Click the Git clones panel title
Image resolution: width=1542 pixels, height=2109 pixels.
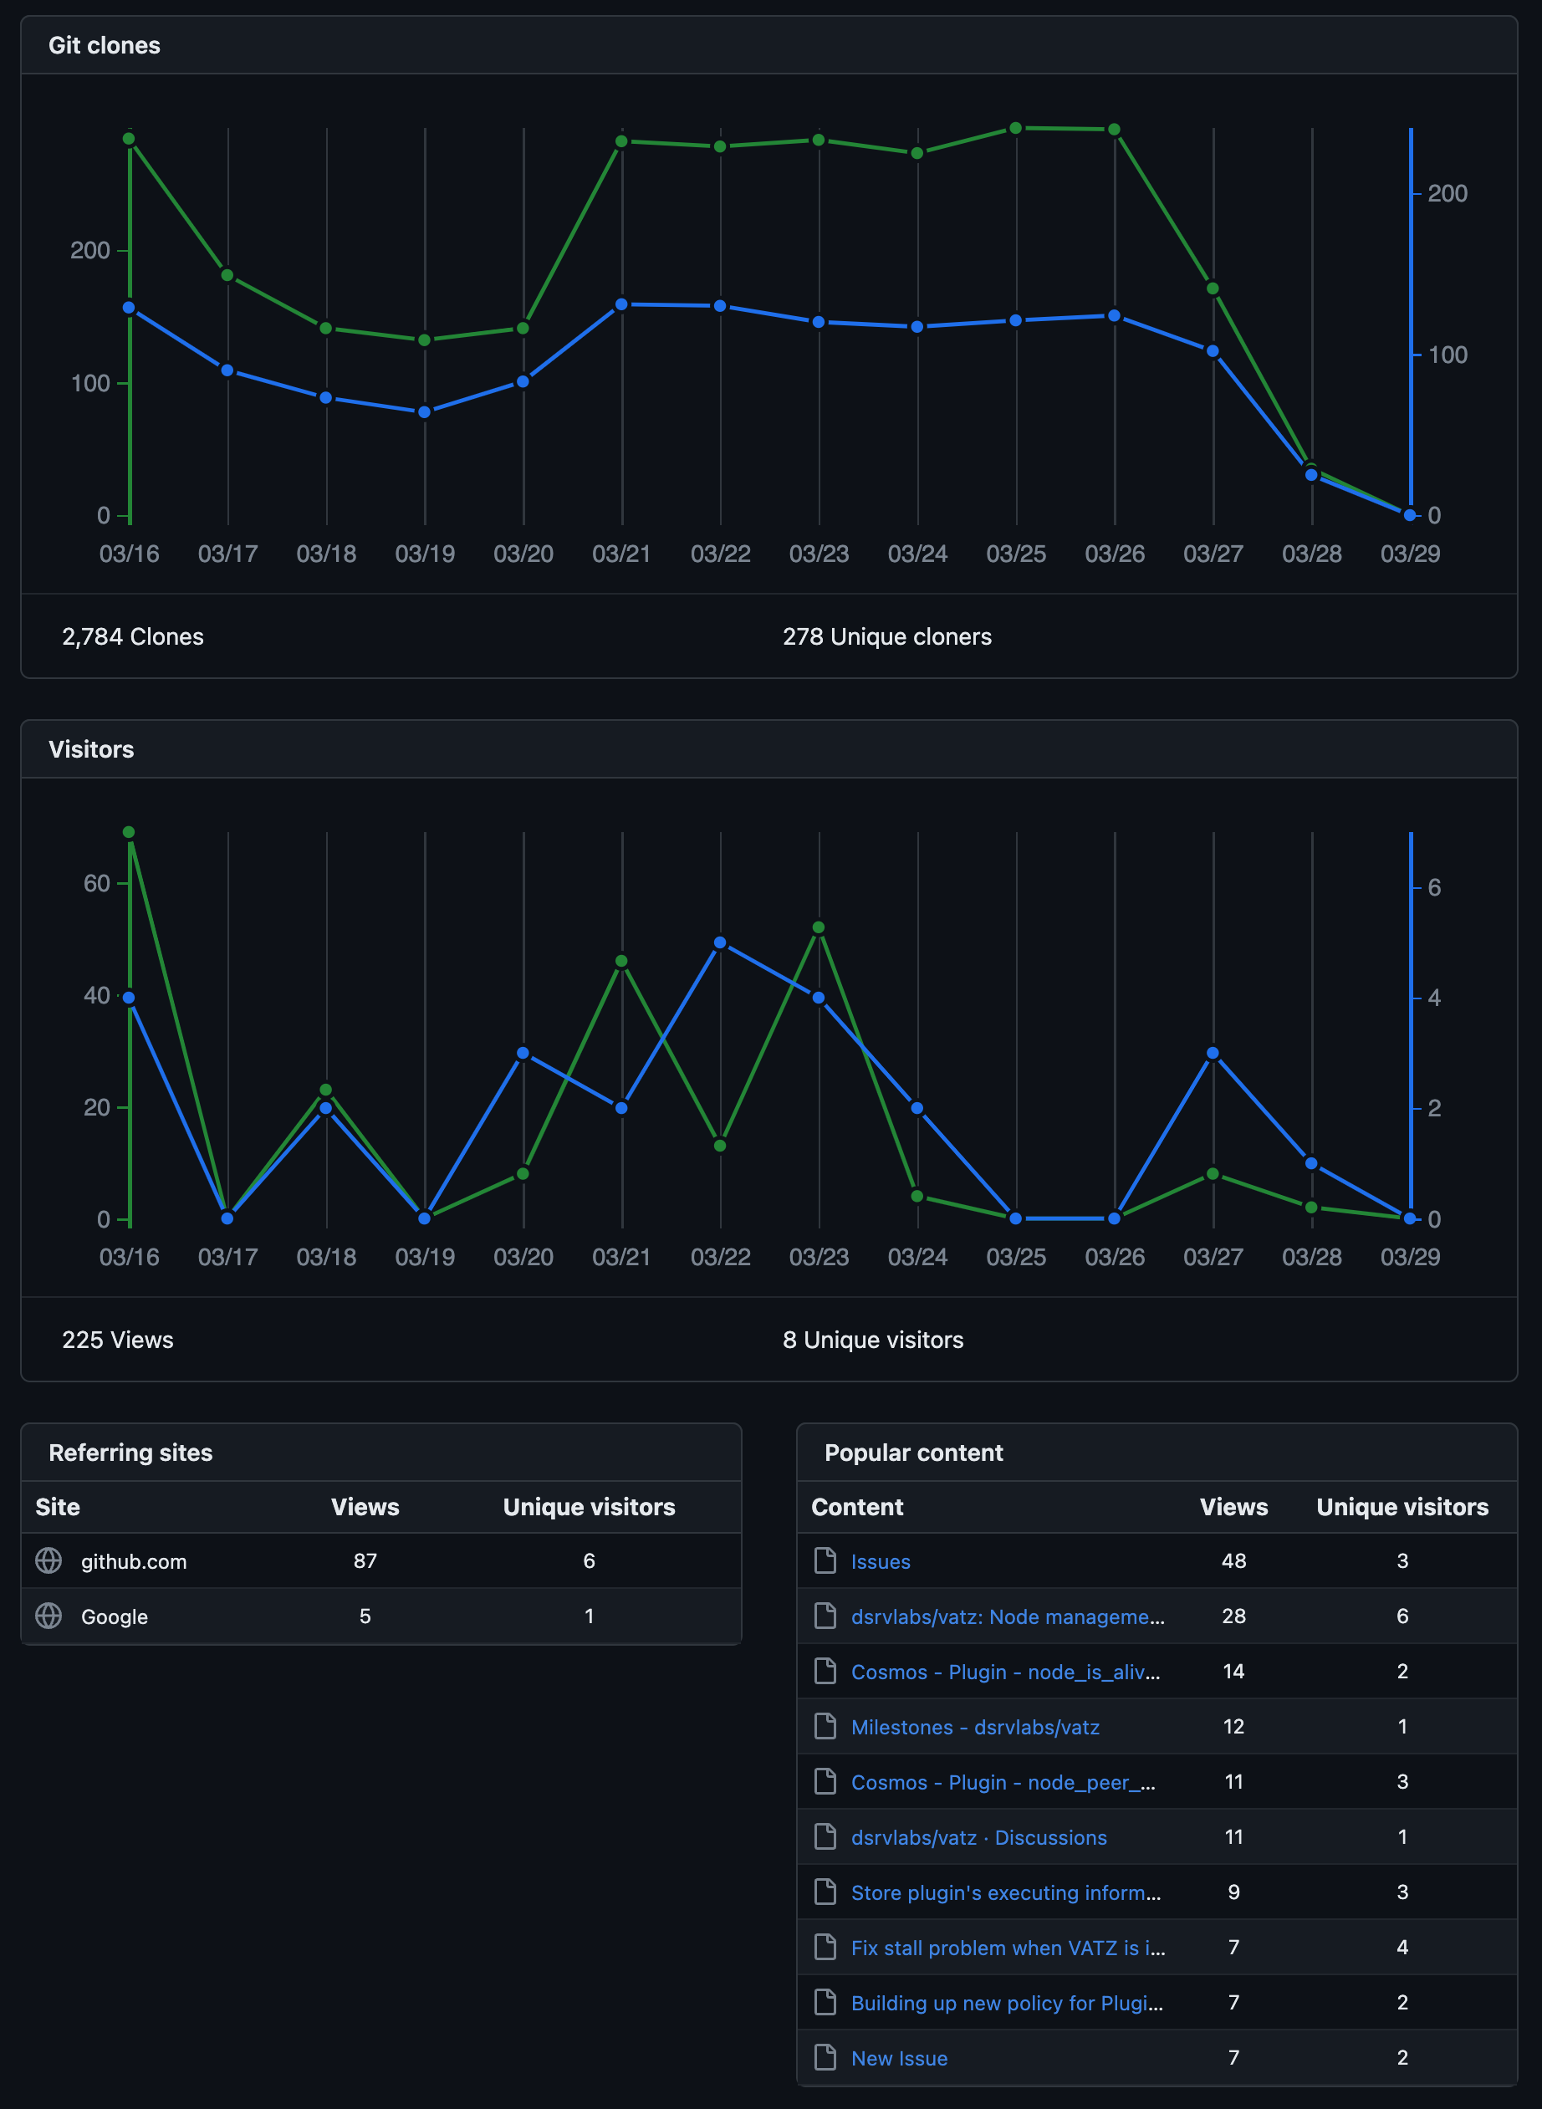[x=104, y=46]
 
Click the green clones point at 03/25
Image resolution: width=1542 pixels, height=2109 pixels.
[x=1015, y=128]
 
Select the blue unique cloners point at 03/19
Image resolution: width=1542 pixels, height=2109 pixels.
[x=425, y=411]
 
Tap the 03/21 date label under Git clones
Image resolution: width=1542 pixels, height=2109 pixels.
[x=621, y=554]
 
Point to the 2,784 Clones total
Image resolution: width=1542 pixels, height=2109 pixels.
[x=133, y=636]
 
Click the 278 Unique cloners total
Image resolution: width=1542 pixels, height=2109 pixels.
[x=886, y=636]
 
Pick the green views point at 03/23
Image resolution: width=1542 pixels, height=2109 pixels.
[x=819, y=927]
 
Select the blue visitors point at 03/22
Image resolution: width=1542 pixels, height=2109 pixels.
[x=720, y=942]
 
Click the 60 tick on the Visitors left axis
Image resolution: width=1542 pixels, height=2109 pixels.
[x=96, y=884]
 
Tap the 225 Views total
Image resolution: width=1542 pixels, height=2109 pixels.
[x=118, y=1340]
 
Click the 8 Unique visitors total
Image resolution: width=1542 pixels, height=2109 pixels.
[x=873, y=1340]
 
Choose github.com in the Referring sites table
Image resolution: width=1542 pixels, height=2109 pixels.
[x=134, y=1561]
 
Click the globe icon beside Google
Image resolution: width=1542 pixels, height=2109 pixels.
[x=49, y=1616]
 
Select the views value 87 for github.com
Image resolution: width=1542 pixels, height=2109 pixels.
[x=365, y=1561]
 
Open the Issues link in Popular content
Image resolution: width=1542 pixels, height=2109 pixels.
[x=881, y=1561]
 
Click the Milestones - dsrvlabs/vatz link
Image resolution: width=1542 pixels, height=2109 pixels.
[x=974, y=1728]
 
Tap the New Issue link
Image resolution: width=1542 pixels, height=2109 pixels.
[x=899, y=2059]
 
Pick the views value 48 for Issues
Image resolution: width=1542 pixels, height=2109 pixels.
[x=1233, y=1561]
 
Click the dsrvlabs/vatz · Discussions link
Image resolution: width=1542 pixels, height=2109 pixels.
[x=978, y=1837]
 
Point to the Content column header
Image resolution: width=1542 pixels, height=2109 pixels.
[x=857, y=1507]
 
